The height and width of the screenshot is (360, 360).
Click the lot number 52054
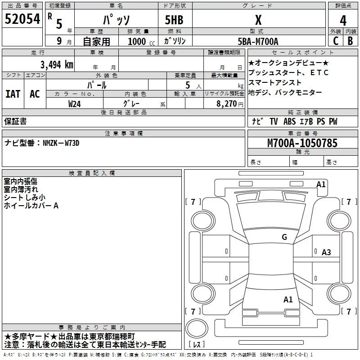point(22,19)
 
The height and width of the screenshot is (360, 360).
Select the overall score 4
point(343,20)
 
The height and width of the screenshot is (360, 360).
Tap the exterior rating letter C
point(336,41)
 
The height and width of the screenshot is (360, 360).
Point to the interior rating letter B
point(350,41)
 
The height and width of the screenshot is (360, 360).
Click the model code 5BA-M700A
point(258,41)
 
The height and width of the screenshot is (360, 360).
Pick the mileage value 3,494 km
point(57,64)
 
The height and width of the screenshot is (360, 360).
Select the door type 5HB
point(174,20)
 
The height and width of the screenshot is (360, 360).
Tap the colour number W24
point(74,104)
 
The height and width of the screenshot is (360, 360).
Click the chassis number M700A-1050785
point(302,143)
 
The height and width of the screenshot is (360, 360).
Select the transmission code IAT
point(13,94)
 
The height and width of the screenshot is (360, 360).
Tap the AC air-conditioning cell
point(35,94)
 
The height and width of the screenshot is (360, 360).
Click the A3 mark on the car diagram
point(326,252)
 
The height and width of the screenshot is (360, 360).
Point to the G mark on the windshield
point(284,237)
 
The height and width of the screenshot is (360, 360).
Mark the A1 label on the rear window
point(288,300)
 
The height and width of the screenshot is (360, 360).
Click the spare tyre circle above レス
point(197,328)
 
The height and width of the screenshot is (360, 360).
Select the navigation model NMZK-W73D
point(61,143)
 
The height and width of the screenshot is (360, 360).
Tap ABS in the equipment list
point(289,121)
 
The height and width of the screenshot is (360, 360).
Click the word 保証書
point(15,121)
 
